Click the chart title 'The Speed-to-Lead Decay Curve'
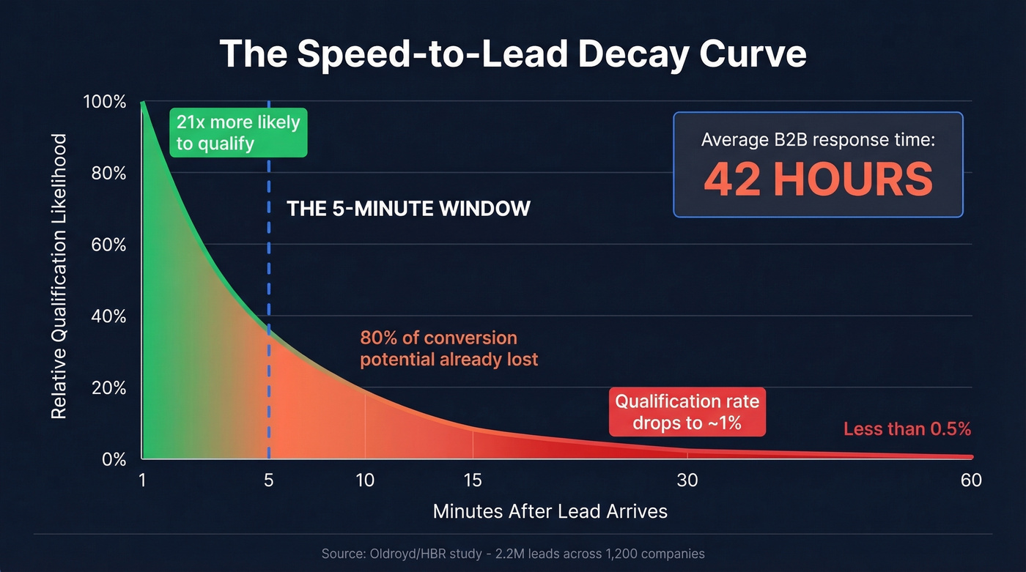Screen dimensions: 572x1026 pos(512,53)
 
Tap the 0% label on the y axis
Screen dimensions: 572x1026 pos(114,459)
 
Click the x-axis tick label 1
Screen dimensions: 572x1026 pos(142,480)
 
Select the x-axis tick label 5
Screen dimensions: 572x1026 pos(268,480)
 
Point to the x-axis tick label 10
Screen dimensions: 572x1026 pos(365,480)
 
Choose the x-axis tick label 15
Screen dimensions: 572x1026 pos(473,480)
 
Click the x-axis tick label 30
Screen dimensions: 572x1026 pos(687,480)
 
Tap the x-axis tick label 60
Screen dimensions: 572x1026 pos(971,480)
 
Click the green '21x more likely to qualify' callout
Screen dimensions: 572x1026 pos(238,133)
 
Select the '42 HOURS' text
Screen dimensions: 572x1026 pos(818,179)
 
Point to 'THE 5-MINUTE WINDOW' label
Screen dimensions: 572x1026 pos(408,209)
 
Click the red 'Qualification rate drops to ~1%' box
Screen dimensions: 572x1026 pos(687,412)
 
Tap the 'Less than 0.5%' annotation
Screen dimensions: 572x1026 pos(907,429)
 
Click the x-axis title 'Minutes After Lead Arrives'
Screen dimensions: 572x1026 pos(550,511)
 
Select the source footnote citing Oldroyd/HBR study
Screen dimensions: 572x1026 pos(513,554)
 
